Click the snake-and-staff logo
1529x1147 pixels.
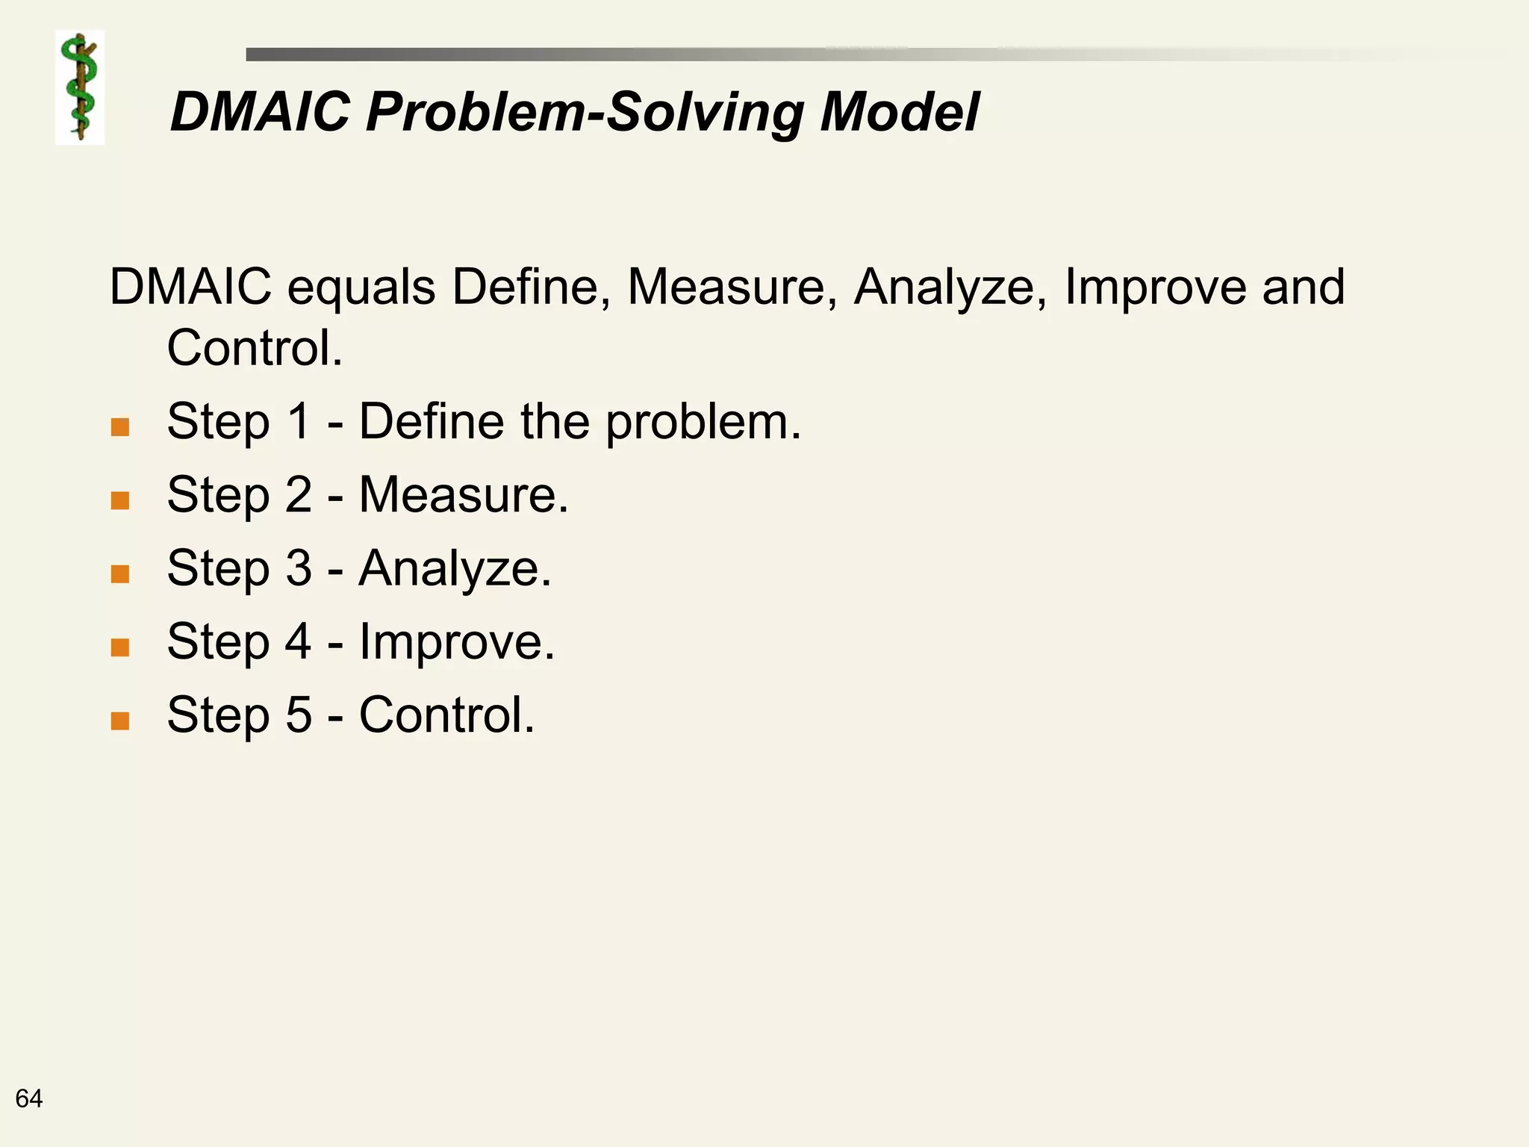pyautogui.click(x=80, y=87)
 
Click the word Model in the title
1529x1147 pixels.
pyautogui.click(x=899, y=112)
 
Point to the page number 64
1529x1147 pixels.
pyautogui.click(x=29, y=1098)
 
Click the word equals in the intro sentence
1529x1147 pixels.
pyautogui.click(x=361, y=287)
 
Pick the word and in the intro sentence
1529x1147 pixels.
pyautogui.click(x=1304, y=287)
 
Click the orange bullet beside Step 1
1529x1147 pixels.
pyautogui.click(x=119, y=427)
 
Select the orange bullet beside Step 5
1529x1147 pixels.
pyautogui.click(x=119, y=721)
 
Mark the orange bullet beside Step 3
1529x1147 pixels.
pyautogui.click(x=119, y=573)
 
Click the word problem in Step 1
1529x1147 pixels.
pyautogui.click(x=702, y=423)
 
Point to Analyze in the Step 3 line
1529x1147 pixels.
pyautogui.click(x=455, y=569)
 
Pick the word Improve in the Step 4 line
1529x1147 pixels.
pyautogui.click(x=456, y=642)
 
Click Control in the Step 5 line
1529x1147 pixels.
pyautogui.click(x=446, y=715)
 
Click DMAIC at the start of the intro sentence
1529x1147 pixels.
pyautogui.click(x=190, y=287)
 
